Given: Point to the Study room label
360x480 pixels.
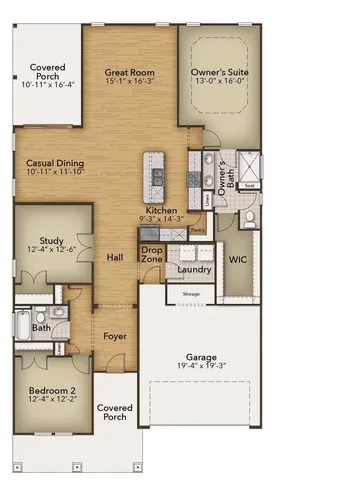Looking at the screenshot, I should (x=52, y=240).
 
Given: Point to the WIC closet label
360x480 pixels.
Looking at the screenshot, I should (x=237, y=259).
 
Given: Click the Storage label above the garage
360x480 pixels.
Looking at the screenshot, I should (x=191, y=294).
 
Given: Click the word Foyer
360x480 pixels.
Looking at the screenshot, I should (x=114, y=336).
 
